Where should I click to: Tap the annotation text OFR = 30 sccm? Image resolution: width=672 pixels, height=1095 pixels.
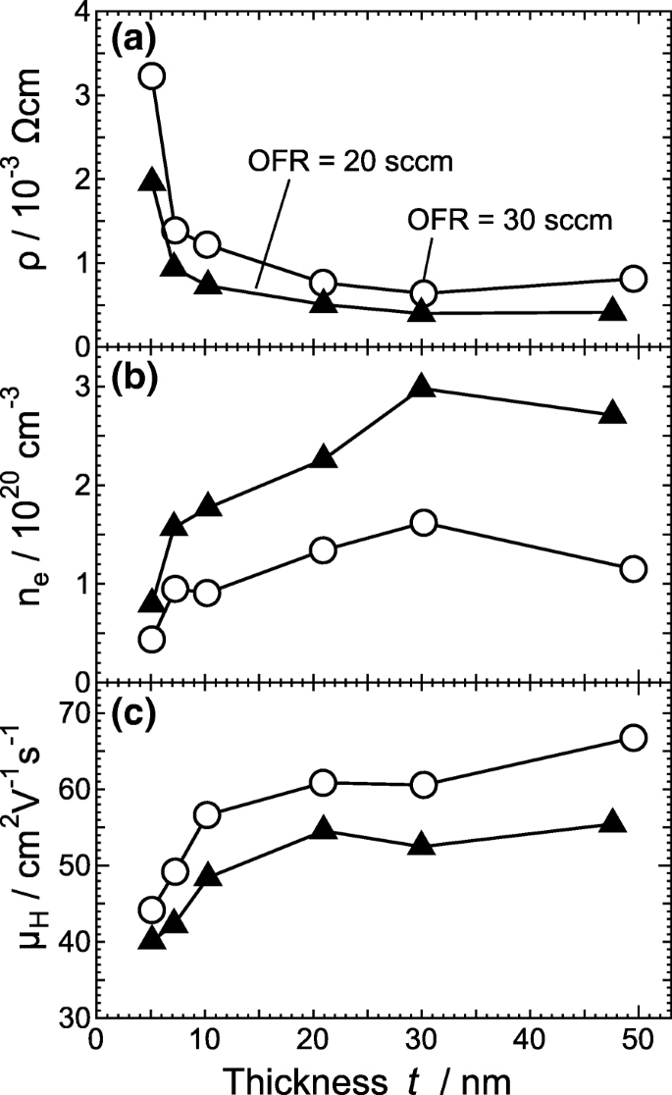(508, 221)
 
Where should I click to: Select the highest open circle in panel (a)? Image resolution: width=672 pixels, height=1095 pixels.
(151, 77)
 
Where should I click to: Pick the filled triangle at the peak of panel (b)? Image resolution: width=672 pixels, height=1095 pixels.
(422, 387)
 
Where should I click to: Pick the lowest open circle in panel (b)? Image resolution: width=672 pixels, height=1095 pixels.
(151, 639)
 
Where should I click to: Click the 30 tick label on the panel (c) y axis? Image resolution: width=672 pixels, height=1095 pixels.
(72, 1017)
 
